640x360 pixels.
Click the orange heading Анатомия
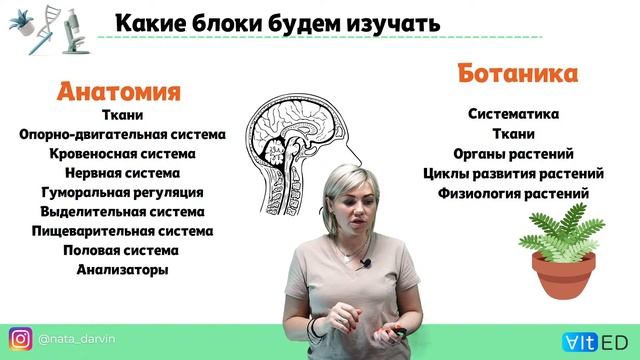click(x=118, y=93)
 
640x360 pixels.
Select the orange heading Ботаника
click(x=518, y=74)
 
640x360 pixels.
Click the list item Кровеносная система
click(x=122, y=154)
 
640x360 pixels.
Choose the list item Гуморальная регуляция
click(x=122, y=192)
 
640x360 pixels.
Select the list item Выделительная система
click(x=122, y=212)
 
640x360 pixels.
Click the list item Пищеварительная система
click(x=122, y=231)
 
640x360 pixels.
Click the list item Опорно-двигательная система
click(x=122, y=135)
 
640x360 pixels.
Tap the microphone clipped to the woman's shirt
click(x=366, y=263)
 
